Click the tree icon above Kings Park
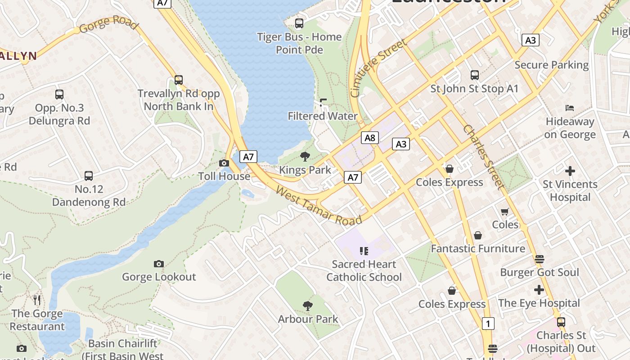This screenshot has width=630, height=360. pyautogui.click(x=305, y=157)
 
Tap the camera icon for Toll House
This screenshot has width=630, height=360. pyautogui.click(x=224, y=163)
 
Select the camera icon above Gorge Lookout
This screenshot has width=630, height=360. pyautogui.click(x=158, y=264)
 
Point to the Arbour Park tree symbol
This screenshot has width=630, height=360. pyautogui.click(x=308, y=306)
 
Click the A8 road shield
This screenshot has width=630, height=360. pyautogui.click(x=369, y=138)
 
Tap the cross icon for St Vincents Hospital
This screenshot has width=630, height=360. pyautogui.click(x=570, y=171)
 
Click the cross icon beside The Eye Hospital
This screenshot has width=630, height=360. pyautogui.click(x=539, y=290)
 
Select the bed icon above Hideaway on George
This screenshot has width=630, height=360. pyautogui.click(x=570, y=108)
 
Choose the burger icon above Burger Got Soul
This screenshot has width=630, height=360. pyautogui.click(x=539, y=259)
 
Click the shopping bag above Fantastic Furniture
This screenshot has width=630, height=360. pyautogui.click(x=477, y=235)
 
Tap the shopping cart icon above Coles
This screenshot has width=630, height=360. pyautogui.click(x=504, y=211)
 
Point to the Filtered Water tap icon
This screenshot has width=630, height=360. pyautogui.click(x=323, y=103)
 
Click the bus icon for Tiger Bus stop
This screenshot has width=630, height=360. pyautogui.click(x=299, y=23)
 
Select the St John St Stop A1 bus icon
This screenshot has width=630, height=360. pyautogui.click(x=474, y=75)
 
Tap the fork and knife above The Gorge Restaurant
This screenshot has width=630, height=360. pyautogui.click(x=37, y=300)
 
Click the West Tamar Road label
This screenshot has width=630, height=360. pyautogui.click(x=319, y=206)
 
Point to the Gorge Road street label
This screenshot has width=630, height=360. pyautogui.click(x=108, y=24)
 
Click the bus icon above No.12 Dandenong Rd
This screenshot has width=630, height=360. pyautogui.click(x=89, y=176)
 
